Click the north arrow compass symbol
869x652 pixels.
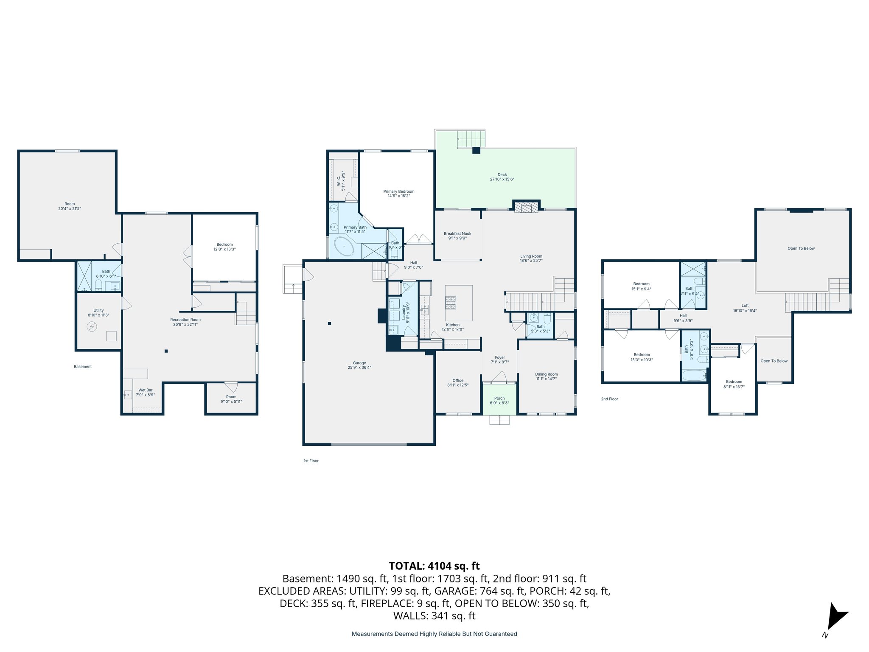836,617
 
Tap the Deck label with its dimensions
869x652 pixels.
502,177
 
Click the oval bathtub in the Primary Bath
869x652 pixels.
344,246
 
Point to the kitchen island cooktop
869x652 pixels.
451,302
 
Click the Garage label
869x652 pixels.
359,365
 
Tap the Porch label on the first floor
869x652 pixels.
499,401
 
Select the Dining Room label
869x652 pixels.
546,377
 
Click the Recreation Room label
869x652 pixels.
185,322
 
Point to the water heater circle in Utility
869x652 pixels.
92,326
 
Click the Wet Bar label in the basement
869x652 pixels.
145,392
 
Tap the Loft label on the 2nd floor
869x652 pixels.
745,308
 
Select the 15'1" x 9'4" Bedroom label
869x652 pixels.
641,286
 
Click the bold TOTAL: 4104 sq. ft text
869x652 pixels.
434,566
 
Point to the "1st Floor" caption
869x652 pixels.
311,461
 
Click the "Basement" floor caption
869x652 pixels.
83,366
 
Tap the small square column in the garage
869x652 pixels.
329,323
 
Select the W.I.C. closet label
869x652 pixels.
341,178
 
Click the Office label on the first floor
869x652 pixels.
458,382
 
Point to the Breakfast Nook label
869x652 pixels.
457,236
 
